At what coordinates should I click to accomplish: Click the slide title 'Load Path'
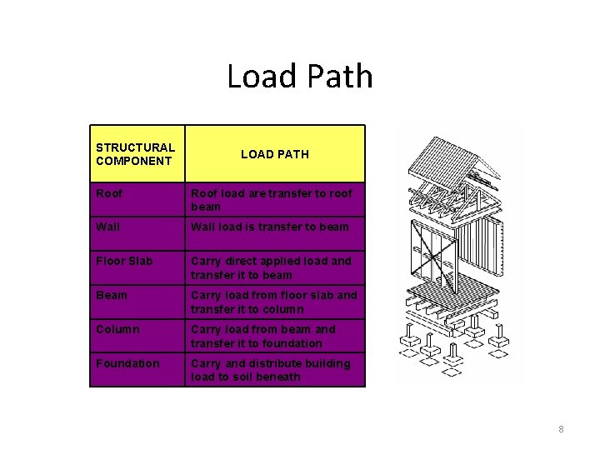click(x=300, y=77)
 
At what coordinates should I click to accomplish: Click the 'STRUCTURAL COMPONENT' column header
click(x=135, y=153)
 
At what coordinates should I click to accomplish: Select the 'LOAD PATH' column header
click(x=274, y=154)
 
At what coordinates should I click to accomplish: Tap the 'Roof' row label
click(x=109, y=193)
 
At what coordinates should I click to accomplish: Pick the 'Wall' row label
click(x=107, y=227)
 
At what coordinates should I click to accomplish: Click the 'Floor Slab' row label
click(x=124, y=261)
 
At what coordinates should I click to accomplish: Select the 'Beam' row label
click(x=112, y=295)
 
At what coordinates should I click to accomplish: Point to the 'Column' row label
click(x=117, y=329)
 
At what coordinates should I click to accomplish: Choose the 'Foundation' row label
click(x=127, y=363)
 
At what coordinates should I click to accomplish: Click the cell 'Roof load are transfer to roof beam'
click(x=271, y=200)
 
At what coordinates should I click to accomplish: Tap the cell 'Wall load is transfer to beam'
click(x=270, y=227)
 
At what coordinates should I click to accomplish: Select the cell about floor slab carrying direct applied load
click(x=271, y=267)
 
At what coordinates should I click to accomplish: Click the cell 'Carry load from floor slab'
click(x=273, y=302)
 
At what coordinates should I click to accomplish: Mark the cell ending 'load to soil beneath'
click(x=270, y=370)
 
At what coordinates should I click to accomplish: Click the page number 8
click(x=561, y=429)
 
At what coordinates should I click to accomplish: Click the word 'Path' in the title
click(x=340, y=77)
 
